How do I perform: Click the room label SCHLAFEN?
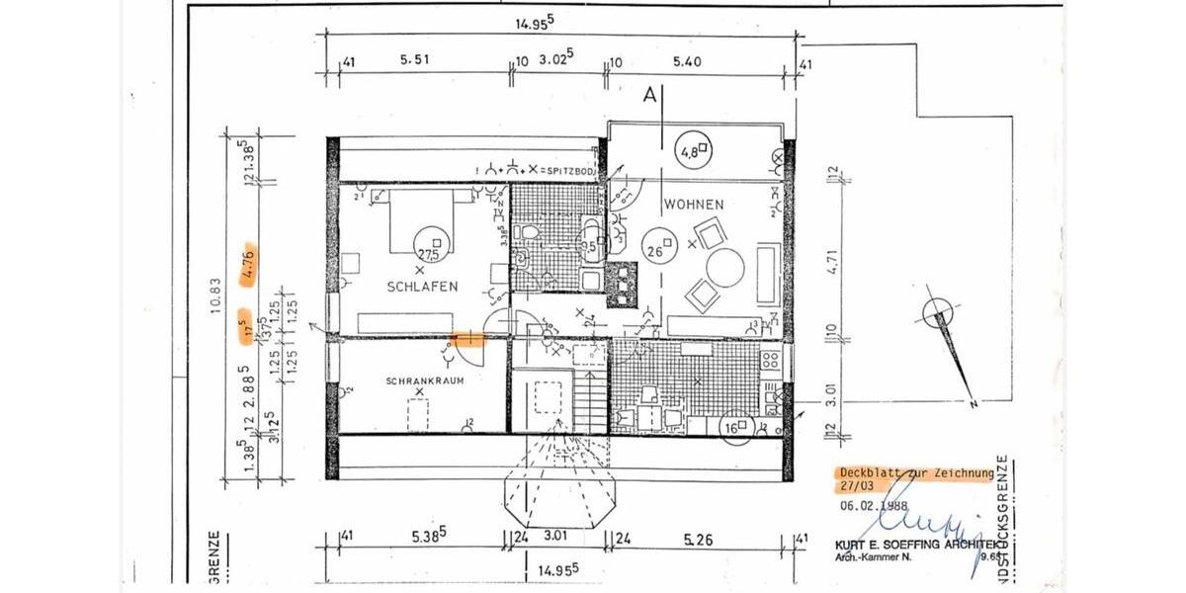click(x=422, y=287)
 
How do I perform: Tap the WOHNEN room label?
click(x=694, y=205)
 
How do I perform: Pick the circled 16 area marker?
click(x=733, y=426)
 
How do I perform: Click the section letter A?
click(x=649, y=96)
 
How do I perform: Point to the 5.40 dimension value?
click(x=685, y=61)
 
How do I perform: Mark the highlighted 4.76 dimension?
click(x=249, y=267)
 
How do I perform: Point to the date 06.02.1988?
click(x=876, y=504)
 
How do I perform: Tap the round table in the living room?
click(x=725, y=265)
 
